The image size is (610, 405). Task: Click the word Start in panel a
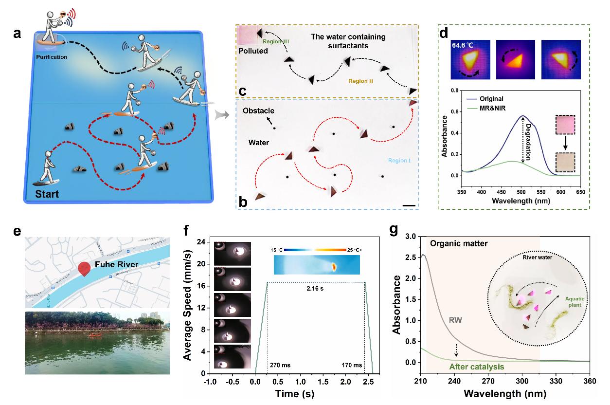click(46, 195)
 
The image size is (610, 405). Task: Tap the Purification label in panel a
click(51, 57)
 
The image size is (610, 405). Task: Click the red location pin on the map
click(84, 269)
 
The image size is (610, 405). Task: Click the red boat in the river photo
click(93, 335)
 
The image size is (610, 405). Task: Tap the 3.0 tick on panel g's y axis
click(410, 237)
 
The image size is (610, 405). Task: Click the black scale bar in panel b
click(409, 206)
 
